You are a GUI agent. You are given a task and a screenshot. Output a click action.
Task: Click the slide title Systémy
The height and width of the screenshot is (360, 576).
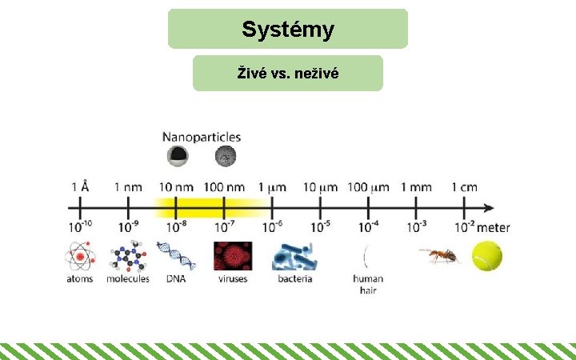tap(288, 30)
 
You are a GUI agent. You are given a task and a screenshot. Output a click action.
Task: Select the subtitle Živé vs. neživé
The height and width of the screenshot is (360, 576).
tap(288, 74)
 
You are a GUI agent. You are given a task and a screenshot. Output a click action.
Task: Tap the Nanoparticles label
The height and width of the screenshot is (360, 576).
tap(202, 138)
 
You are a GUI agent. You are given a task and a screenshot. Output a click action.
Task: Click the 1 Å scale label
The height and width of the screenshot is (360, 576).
tap(80, 187)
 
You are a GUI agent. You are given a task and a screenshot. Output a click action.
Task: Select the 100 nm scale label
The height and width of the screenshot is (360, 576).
tap(224, 187)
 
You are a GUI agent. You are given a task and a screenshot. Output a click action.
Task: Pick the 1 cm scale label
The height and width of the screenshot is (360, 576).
tap(464, 187)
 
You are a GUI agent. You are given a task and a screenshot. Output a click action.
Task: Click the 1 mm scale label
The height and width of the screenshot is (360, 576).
tap(416, 187)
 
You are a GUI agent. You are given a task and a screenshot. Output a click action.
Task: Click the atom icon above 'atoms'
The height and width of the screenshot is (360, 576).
tap(79, 256)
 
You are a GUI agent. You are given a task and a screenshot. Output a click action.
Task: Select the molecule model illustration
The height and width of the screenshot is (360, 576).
tap(128, 256)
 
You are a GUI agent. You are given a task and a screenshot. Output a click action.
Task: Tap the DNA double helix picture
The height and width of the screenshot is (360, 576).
tap(176, 256)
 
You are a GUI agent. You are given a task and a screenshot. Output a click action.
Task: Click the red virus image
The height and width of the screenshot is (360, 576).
tap(232, 256)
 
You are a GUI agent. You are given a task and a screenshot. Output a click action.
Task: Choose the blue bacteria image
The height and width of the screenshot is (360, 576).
tap(294, 256)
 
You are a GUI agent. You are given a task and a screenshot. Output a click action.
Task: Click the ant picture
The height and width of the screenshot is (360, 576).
tap(439, 255)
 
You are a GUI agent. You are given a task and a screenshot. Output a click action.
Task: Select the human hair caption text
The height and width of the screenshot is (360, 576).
tap(368, 284)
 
